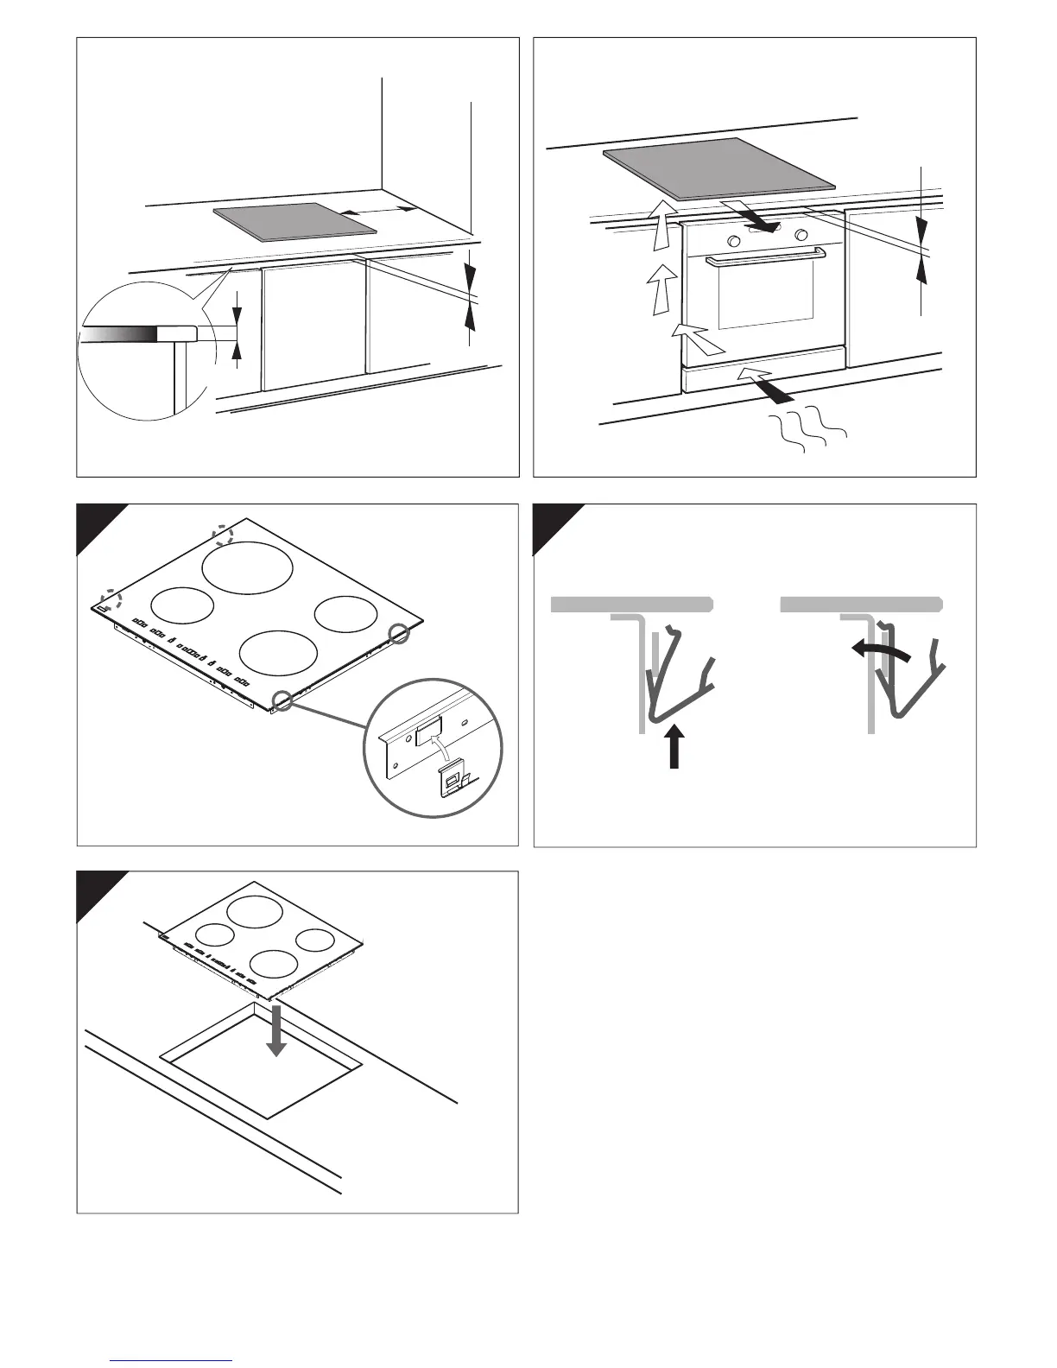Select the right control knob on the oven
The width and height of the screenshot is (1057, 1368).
802,235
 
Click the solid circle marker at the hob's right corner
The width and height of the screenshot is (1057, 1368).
400,633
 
